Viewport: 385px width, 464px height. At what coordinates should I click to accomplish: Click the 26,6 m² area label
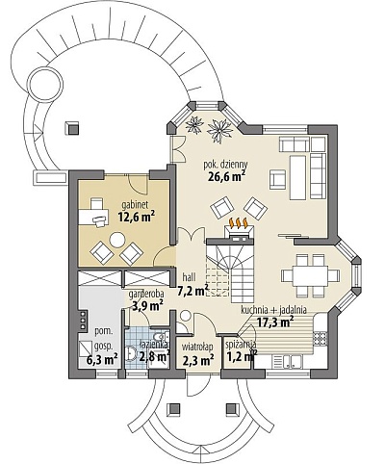click(226, 176)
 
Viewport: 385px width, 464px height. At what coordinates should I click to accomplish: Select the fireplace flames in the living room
click(238, 222)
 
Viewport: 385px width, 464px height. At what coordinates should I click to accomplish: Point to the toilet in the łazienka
click(159, 338)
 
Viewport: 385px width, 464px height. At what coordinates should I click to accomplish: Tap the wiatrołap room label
click(197, 348)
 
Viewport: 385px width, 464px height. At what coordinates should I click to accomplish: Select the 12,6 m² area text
click(137, 217)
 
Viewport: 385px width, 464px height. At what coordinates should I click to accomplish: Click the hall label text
click(189, 276)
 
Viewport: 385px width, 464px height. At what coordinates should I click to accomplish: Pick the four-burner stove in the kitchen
click(320, 337)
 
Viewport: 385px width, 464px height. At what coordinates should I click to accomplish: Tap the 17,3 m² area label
click(276, 322)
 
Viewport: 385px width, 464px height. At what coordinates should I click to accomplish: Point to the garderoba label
click(146, 294)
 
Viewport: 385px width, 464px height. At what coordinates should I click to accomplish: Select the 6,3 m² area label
click(102, 359)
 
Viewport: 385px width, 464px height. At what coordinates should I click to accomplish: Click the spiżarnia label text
click(241, 345)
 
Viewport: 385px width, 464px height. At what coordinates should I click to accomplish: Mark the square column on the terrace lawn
click(72, 128)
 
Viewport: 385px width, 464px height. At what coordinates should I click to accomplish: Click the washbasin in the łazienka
click(132, 354)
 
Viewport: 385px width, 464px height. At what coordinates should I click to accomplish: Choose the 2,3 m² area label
click(198, 360)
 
